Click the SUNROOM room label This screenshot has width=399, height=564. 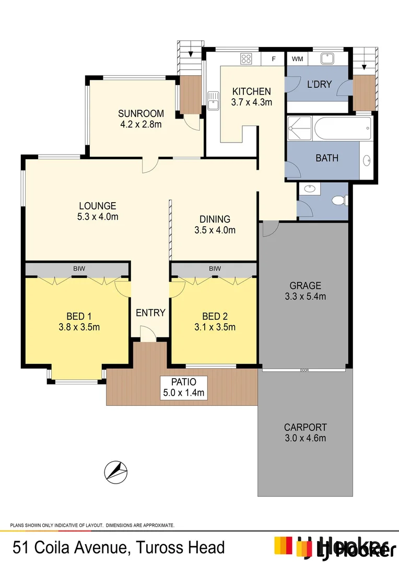(140, 113)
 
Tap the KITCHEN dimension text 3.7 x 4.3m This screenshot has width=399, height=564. (252, 102)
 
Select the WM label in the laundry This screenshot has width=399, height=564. (297, 58)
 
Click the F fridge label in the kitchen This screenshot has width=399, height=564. (273, 58)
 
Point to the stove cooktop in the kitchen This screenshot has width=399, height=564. (247, 58)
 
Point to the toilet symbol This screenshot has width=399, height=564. (339, 199)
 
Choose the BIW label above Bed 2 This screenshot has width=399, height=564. (215, 268)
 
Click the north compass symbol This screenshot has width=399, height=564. (116, 471)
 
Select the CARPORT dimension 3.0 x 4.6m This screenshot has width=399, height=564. (305, 438)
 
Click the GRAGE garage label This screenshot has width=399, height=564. (306, 286)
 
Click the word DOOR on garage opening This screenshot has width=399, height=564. (304, 370)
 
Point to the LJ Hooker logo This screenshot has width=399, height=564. (334, 546)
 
